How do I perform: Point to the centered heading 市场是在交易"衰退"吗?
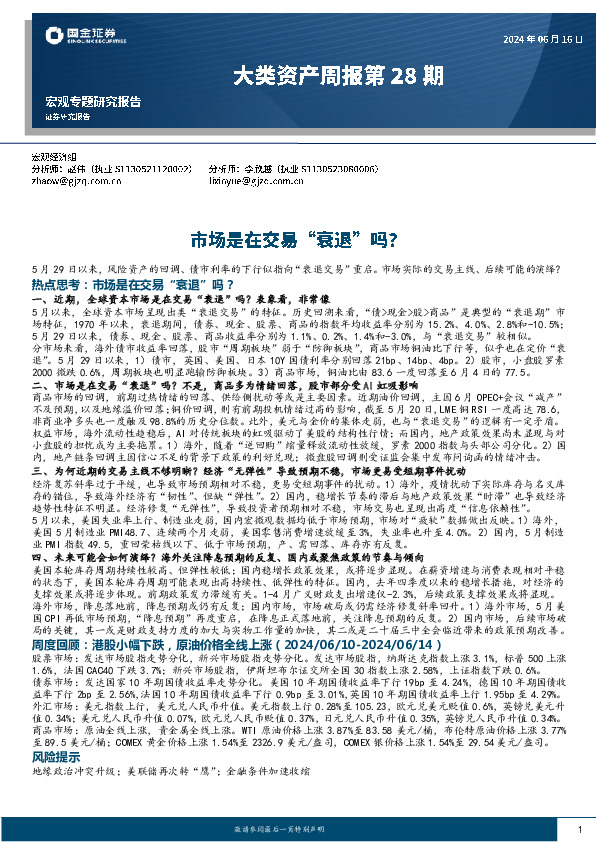297,240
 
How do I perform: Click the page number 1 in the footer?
579,830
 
